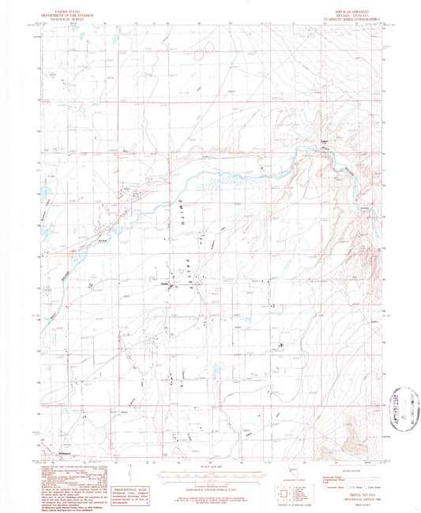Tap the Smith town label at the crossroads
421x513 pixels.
[x=164, y=285]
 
